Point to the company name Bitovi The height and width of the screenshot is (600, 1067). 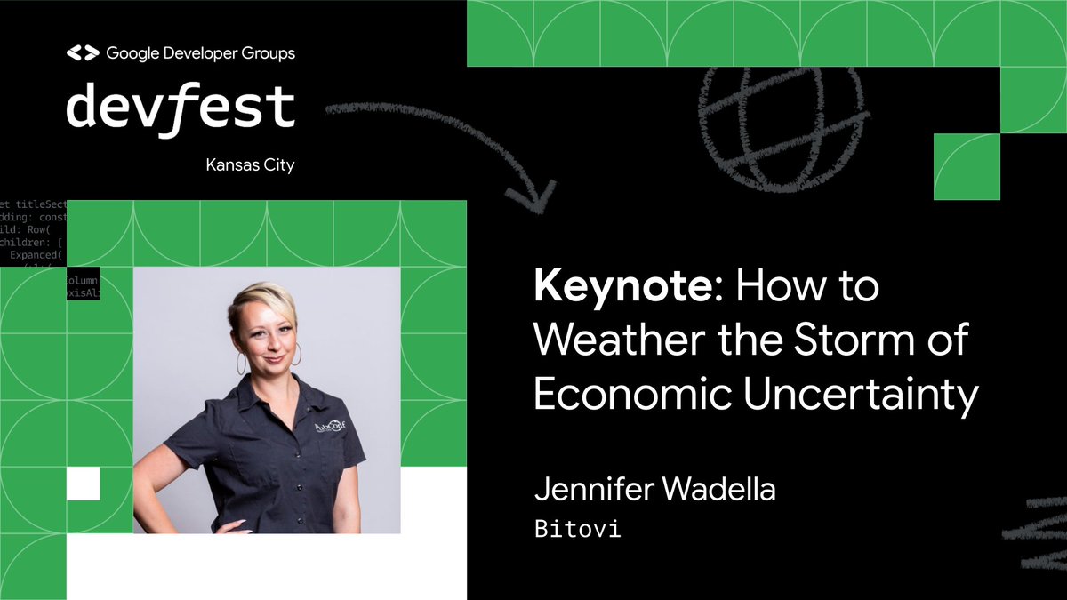pyautogui.click(x=577, y=530)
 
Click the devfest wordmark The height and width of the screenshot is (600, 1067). pyautogui.click(x=181, y=107)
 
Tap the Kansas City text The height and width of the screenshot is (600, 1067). pyautogui.click(x=250, y=165)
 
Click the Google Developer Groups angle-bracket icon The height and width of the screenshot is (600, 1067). pyautogui.click(x=83, y=53)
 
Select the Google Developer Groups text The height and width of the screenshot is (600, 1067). pyautogui.click(x=200, y=53)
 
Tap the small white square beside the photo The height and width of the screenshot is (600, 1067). pyautogui.click(x=84, y=484)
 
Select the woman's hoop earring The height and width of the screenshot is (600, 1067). pyautogui.click(x=241, y=364)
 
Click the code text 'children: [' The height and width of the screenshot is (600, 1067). pyautogui.click(x=31, y=241)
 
